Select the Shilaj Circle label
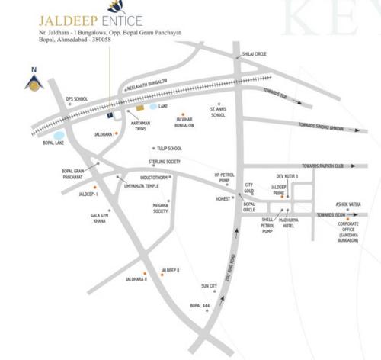click(254, 55)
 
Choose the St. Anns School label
click(218, 112)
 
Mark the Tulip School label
click(169, 149)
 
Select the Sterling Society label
click(165, 162)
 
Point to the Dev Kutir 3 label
click(287, 175)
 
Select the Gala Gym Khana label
click(101, 219)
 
